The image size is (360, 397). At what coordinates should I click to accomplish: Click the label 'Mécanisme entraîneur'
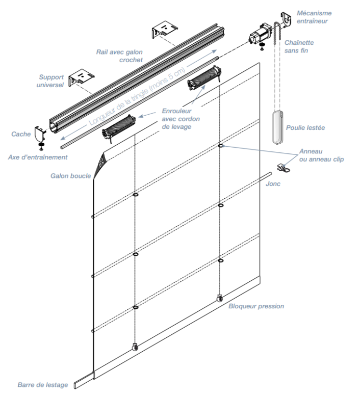pyautogui.click(x=314, y=17)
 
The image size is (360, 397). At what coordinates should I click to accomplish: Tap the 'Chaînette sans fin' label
pyautogui.click(x=299, y=46)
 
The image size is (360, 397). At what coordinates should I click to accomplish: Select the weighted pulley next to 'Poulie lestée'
pyautogui.click(x=278, y=127)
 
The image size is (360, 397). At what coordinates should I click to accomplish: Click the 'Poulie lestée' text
pyautogui.click(x=305, y=127)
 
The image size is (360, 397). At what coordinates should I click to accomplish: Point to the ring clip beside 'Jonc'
pyautogui.click(x=284, y=168)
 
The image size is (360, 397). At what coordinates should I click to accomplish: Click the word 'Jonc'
pyautogui.click(x=273, y=183)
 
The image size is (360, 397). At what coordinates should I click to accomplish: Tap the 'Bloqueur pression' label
pyautogui.click(x=256, y=306)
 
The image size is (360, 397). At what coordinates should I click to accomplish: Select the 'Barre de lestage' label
pyautogui.click(x=43, y=385)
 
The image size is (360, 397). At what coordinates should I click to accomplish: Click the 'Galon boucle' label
pyautogui.click(x=71, y=176)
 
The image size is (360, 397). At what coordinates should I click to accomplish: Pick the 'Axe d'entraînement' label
pyautogui.click(x=38, y=157)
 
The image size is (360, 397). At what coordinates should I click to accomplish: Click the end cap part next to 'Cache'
pyautogui.click(x=40, y=134)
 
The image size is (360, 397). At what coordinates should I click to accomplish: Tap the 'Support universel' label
pyautogui.click(x=50, y=81)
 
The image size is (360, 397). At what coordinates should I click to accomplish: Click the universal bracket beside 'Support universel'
pyautogui.click(x=81, y=78)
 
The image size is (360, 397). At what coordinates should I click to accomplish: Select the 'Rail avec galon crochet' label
pyautogui.click(x=119, y=56)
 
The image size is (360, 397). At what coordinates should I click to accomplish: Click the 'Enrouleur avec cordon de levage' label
pyautogui.click(x=181, y=119)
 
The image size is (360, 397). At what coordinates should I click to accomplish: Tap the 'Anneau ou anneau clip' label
pyautogui.click(x=321, y=155)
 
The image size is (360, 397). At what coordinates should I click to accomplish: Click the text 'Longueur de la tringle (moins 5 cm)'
pyautogui.click(x=137, y=96)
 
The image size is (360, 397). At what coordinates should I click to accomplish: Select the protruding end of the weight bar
pyautogui.click(x=84, y=380)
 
